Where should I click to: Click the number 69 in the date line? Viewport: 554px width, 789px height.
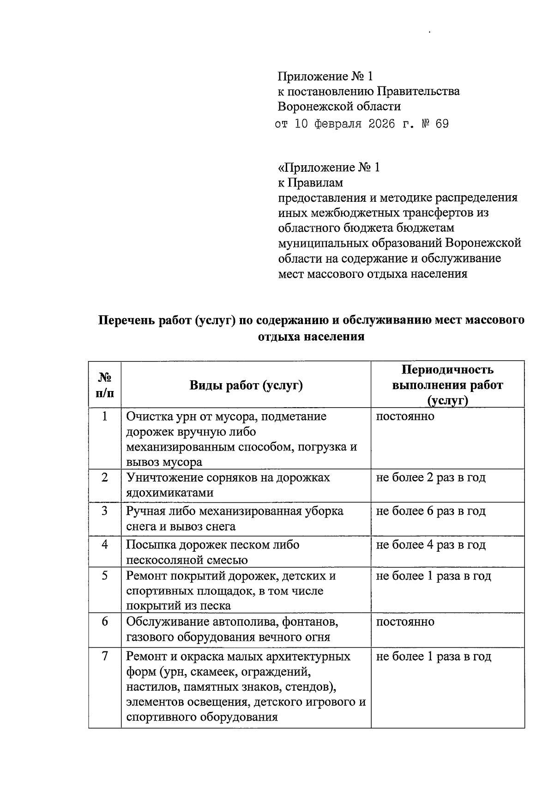click(x=441, y=124)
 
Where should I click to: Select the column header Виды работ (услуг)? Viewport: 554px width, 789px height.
click(x=246, y=385)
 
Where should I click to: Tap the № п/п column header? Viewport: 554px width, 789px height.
click(x=105, y=385)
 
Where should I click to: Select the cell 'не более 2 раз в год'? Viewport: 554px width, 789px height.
click(x=431, y=477)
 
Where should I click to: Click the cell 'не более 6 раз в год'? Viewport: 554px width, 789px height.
click(x=431, y=511)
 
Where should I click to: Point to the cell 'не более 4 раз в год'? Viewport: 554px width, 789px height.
click(x=431, y=545)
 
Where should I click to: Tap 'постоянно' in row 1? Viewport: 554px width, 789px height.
click(x=405, y=416)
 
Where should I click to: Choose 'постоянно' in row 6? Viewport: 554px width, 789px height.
click(x=405, y=621)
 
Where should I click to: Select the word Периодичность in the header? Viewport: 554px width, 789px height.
click(x=447, y=370)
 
